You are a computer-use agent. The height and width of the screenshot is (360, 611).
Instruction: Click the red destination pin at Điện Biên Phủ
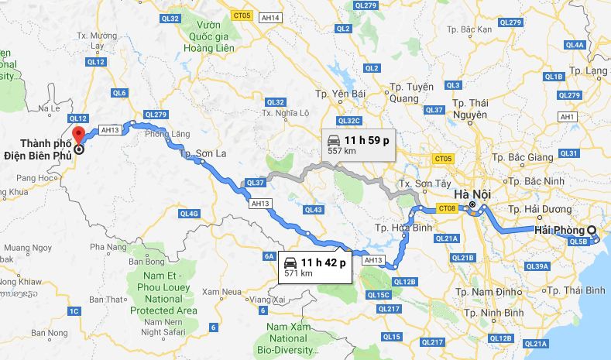(x=78, y=139)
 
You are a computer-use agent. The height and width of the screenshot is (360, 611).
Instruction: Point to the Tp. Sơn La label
(x=203, y=154)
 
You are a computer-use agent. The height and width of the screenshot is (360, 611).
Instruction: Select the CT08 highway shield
(x=448, y=207)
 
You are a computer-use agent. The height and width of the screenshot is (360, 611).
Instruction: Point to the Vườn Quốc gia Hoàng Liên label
(x=204, y=34)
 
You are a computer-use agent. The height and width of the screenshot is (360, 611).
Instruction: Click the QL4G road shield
(x=189, y=213)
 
